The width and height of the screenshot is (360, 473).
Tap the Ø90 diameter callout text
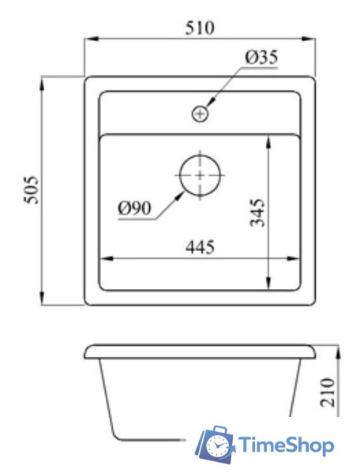click(134, 208)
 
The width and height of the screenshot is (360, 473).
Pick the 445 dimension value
click(201, 247)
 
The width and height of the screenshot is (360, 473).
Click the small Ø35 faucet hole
click(201, 114)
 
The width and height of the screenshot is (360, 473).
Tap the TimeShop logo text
click(285, 445)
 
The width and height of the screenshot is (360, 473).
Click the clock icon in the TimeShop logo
click(214, 448)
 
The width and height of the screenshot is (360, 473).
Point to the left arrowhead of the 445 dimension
click(103, 258)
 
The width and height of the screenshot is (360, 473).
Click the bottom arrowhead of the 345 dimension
click(271, 285)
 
